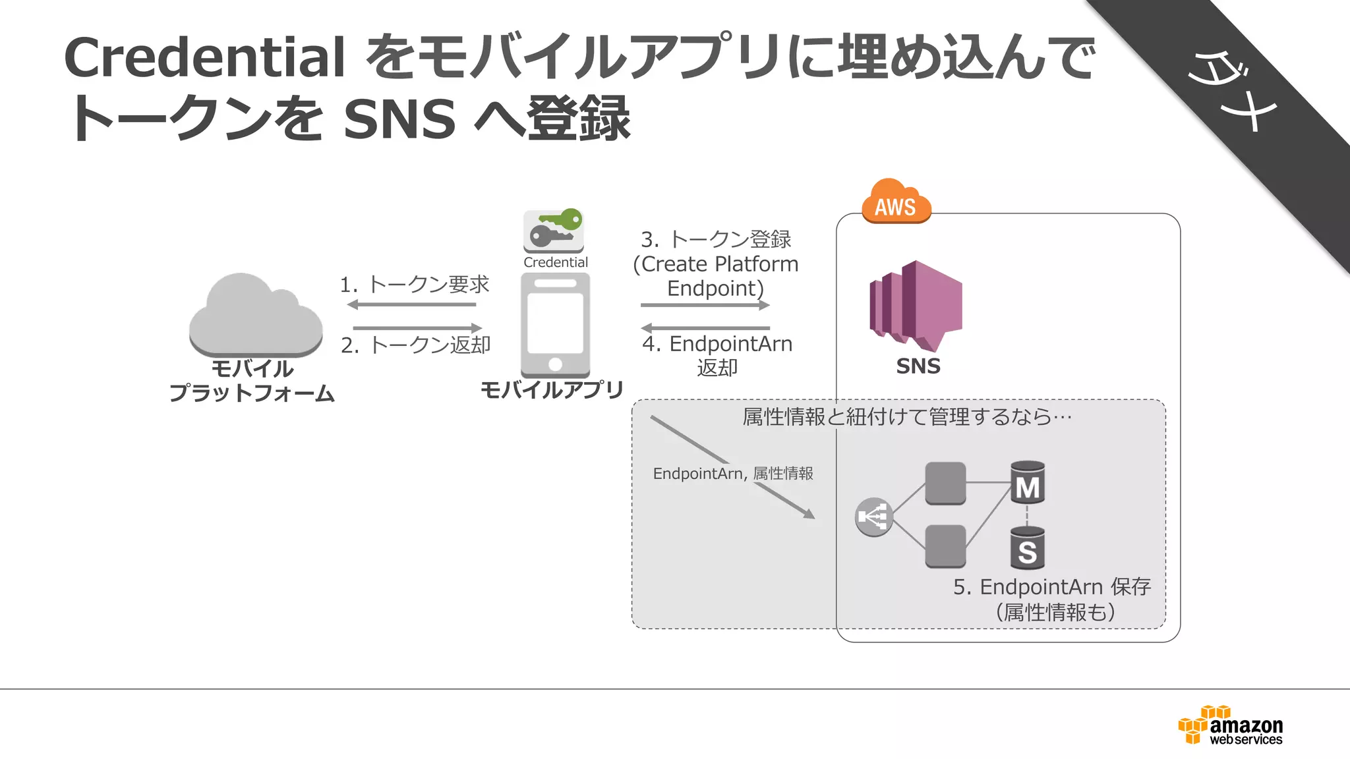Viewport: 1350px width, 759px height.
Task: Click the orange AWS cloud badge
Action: click(896, 202)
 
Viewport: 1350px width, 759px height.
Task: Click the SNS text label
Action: click(918, 366)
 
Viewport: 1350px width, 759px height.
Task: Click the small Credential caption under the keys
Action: click(555, 262)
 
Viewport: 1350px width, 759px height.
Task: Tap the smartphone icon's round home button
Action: click(555, 364)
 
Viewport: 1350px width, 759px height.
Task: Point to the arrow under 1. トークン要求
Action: click(411, 304)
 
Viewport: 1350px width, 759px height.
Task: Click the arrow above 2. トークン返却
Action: click(418, 327)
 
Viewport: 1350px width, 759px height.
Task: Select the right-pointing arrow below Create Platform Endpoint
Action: click(705, 305)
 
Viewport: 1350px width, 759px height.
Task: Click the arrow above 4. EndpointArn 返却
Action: click(705, 327)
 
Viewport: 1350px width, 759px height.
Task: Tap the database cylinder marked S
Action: click(1027, 548)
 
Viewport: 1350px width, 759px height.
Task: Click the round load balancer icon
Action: click(874, 517)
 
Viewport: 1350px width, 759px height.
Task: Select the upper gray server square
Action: click(945, 483)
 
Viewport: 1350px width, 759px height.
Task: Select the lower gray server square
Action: click(945, 546)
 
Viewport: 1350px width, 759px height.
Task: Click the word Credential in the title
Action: click(204, 57)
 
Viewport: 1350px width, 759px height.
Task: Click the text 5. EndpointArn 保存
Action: click(1051, 587)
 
